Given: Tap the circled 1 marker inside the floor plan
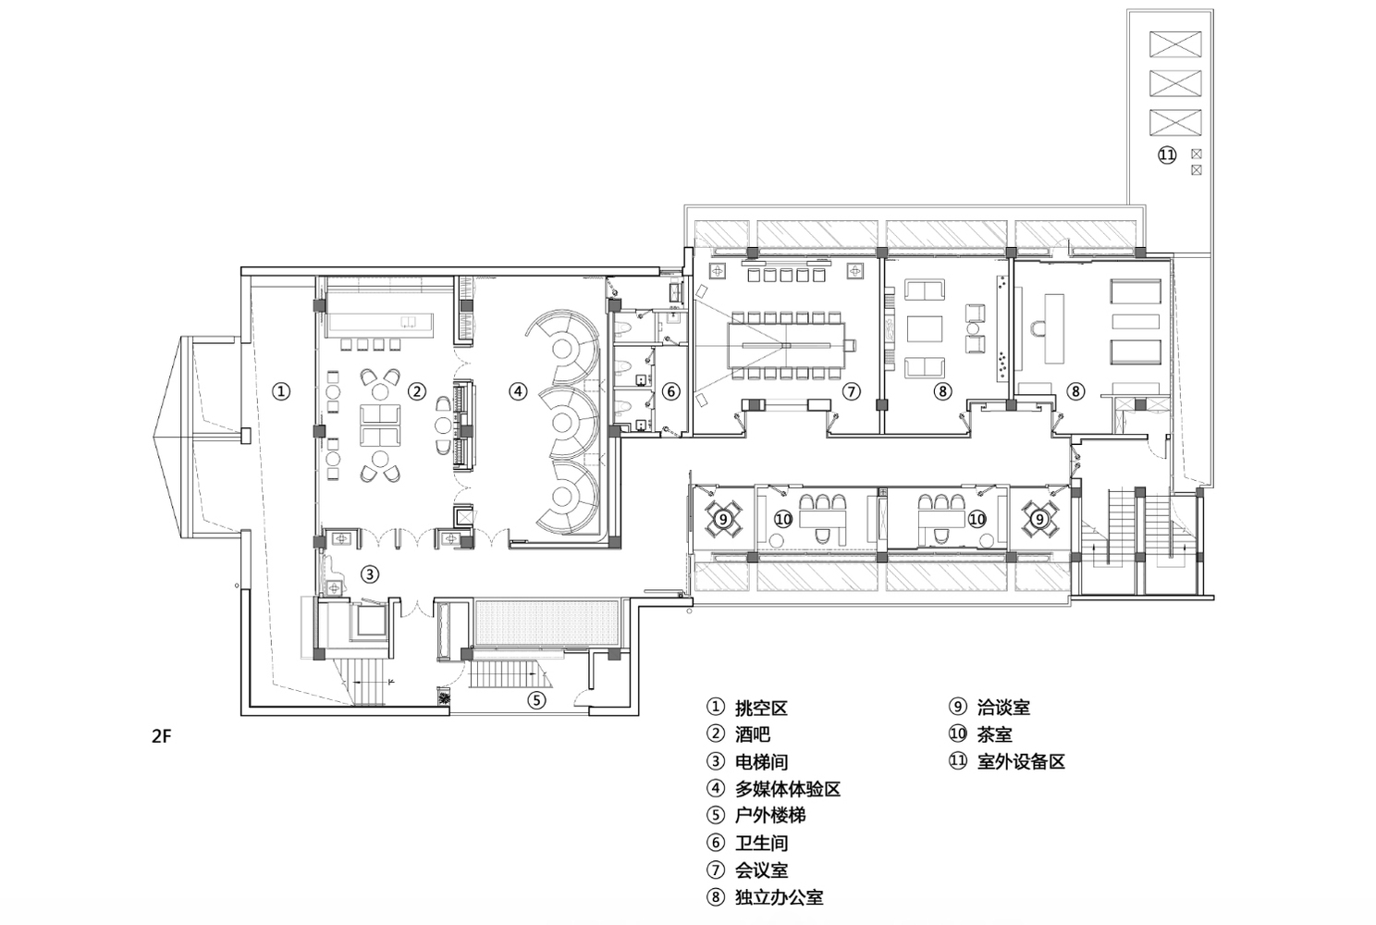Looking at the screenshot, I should pyautogui.click(x=281, y=391).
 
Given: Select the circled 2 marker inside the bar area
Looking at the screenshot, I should pyautogui.click(x=417, y=391).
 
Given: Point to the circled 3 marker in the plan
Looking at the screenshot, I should pyautogui.click(x=369, y=574).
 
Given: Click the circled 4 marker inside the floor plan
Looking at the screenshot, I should pyautogui.click(x=518, y=391).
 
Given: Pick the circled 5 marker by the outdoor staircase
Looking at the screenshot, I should pyautogui.click(x=537, y=699).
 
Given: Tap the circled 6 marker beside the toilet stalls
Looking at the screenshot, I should pyautogui.click(x=671, y=391).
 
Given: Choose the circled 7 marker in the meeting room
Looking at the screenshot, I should pyautogui.click(x=852, y=391).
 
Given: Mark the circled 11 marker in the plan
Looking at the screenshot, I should pyautogui.click(x=1167, y=154).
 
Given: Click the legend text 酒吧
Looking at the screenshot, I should pyautogui.click(x=753, y=734).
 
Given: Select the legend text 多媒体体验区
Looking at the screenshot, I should pyautogui.click(x=788, y=789).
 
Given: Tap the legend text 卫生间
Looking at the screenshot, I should pyautogui.click(x=762, y=843).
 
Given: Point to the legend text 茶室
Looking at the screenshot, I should pyautogui.click(x=994, y=734).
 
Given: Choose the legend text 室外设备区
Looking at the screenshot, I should pyautogui.click(x=1021, y=761).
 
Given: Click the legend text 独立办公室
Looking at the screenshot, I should pyautogui.click(x=779, y=896).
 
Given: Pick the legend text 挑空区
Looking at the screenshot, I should pyautogui.click(x=761, y=708).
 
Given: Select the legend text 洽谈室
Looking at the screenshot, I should pyautogui.click(x=1003, y=708).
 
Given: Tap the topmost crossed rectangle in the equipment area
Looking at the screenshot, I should pyautogui.click(x=1174, y=43).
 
